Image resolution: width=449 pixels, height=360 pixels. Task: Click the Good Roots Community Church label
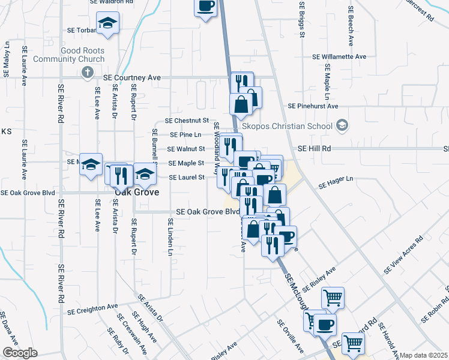tap(68, 55)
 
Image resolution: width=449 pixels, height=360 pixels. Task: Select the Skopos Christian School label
tap(287, 127)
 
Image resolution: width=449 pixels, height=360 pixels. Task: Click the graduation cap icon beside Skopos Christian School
tap(342, 126)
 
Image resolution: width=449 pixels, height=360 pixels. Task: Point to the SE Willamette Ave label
tap(339, 56)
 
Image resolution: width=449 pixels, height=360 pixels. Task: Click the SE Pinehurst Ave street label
tap(313, 106)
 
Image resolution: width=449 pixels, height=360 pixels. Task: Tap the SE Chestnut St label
tap(190, 121)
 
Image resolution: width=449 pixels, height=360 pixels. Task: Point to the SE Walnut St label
tap(187, 149)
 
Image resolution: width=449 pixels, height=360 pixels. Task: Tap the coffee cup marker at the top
tap(205, 7)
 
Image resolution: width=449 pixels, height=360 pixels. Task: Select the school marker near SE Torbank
tap(108, 24)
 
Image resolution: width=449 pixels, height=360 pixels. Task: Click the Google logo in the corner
tap(19, 353)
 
